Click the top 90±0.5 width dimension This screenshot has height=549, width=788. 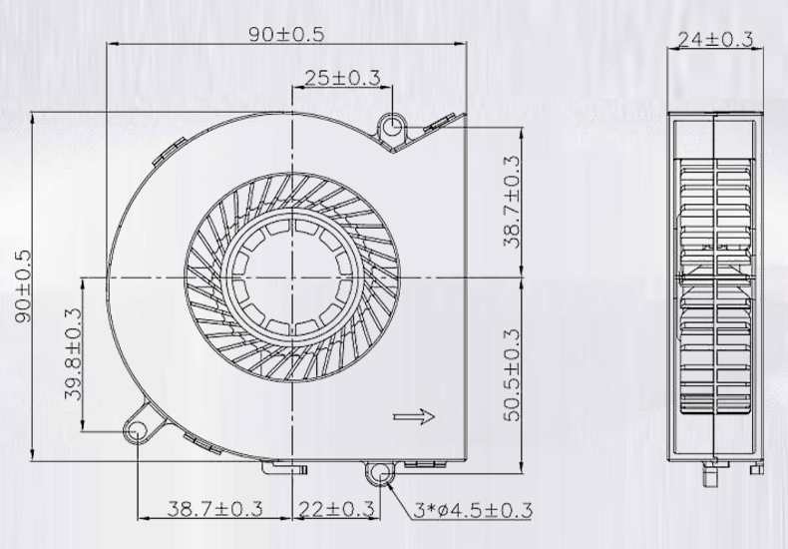(286, 34)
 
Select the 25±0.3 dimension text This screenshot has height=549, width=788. (342, 78)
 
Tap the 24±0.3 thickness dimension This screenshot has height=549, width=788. (715, 39)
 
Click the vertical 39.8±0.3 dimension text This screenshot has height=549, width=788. (74, 353)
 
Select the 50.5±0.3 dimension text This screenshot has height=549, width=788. (512, 374)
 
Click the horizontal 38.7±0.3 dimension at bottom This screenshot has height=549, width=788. (214, 509)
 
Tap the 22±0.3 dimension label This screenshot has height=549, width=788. (335, 509)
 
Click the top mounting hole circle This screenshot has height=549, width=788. (392, 126)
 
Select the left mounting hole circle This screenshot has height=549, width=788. (137, 430)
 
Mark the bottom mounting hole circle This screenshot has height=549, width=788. (380, 472)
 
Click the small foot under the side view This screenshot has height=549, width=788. (713, 470)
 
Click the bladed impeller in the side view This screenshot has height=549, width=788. (715, 289)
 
